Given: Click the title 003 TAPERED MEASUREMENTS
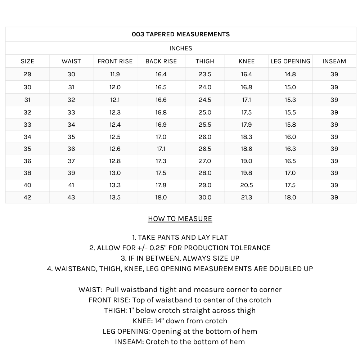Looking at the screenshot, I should click(181, 34).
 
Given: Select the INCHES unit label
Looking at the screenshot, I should click(181, 48).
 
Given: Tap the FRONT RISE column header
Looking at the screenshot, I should click(115, 61).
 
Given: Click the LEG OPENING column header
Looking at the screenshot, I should click(290, 61).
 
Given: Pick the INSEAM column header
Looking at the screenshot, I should click(334, 61).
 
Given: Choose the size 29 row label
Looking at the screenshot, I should click(27, 74).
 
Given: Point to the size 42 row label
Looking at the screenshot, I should click(27, 197).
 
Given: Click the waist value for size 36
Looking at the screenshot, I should click(71, 161).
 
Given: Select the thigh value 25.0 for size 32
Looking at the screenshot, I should click(205, 112).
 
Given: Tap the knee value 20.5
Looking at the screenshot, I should click(247, 185).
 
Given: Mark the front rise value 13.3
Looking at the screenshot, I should click(115, 185).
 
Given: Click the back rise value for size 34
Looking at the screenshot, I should click(161, 137).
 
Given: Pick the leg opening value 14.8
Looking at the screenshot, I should click(290, 74).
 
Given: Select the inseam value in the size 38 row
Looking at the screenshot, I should click(334, 173).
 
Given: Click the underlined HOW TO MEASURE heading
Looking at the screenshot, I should click(180, 219).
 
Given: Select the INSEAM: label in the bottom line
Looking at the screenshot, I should click(129, 342).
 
